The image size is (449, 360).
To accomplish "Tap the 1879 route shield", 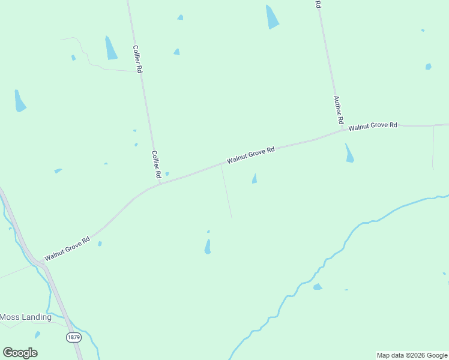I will pyautogui.click(x=73, y=337).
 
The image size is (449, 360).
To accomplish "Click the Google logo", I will pyautogui.click(x=20, y=353).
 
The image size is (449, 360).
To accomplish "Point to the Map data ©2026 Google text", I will pyautogui.click(x=412, y=355).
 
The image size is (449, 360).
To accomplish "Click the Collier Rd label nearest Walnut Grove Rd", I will pyautogui.click(x=156, y=164).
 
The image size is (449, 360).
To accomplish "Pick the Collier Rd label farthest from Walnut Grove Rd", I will pyautogui.click(x=137, y=59).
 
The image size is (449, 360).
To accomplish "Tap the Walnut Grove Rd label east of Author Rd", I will pyautogui.click(x=373, y=126).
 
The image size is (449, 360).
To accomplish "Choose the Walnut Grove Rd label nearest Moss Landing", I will pyautogui.click(x=67, y=247).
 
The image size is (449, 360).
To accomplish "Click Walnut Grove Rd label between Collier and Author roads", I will pyautogui.click(x=250, y=155).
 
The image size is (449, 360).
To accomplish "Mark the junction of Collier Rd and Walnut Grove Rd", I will pyautogui.click(x=160, y=183).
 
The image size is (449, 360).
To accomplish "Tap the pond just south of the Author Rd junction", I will pyautogui.click(x=349, y=154).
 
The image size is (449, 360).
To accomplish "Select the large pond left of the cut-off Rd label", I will pyautogui.click(x=272, y=17).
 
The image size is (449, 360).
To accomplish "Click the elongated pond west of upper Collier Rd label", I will pyautogui.click(x=111, y=48).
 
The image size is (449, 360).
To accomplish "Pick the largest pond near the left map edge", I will pyautogui.click(x=20, y=101).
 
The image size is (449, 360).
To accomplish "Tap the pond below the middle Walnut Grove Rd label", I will pyautogui.click(x=255, y=179).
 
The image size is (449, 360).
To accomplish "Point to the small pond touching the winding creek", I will pyautogui.click(x=318, y=287).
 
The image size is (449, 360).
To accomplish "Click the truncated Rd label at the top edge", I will pyautogui.click(x=318, y=4).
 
